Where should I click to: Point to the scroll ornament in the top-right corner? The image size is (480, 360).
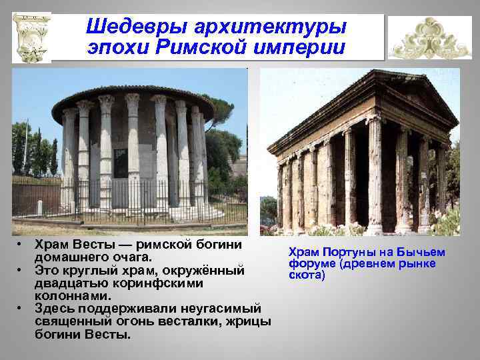pos(429,38)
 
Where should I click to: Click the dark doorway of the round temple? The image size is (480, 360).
pos(120,163)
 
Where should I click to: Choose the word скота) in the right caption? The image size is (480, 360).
pos(307,275)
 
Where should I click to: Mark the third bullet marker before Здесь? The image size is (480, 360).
pos(21,308)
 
